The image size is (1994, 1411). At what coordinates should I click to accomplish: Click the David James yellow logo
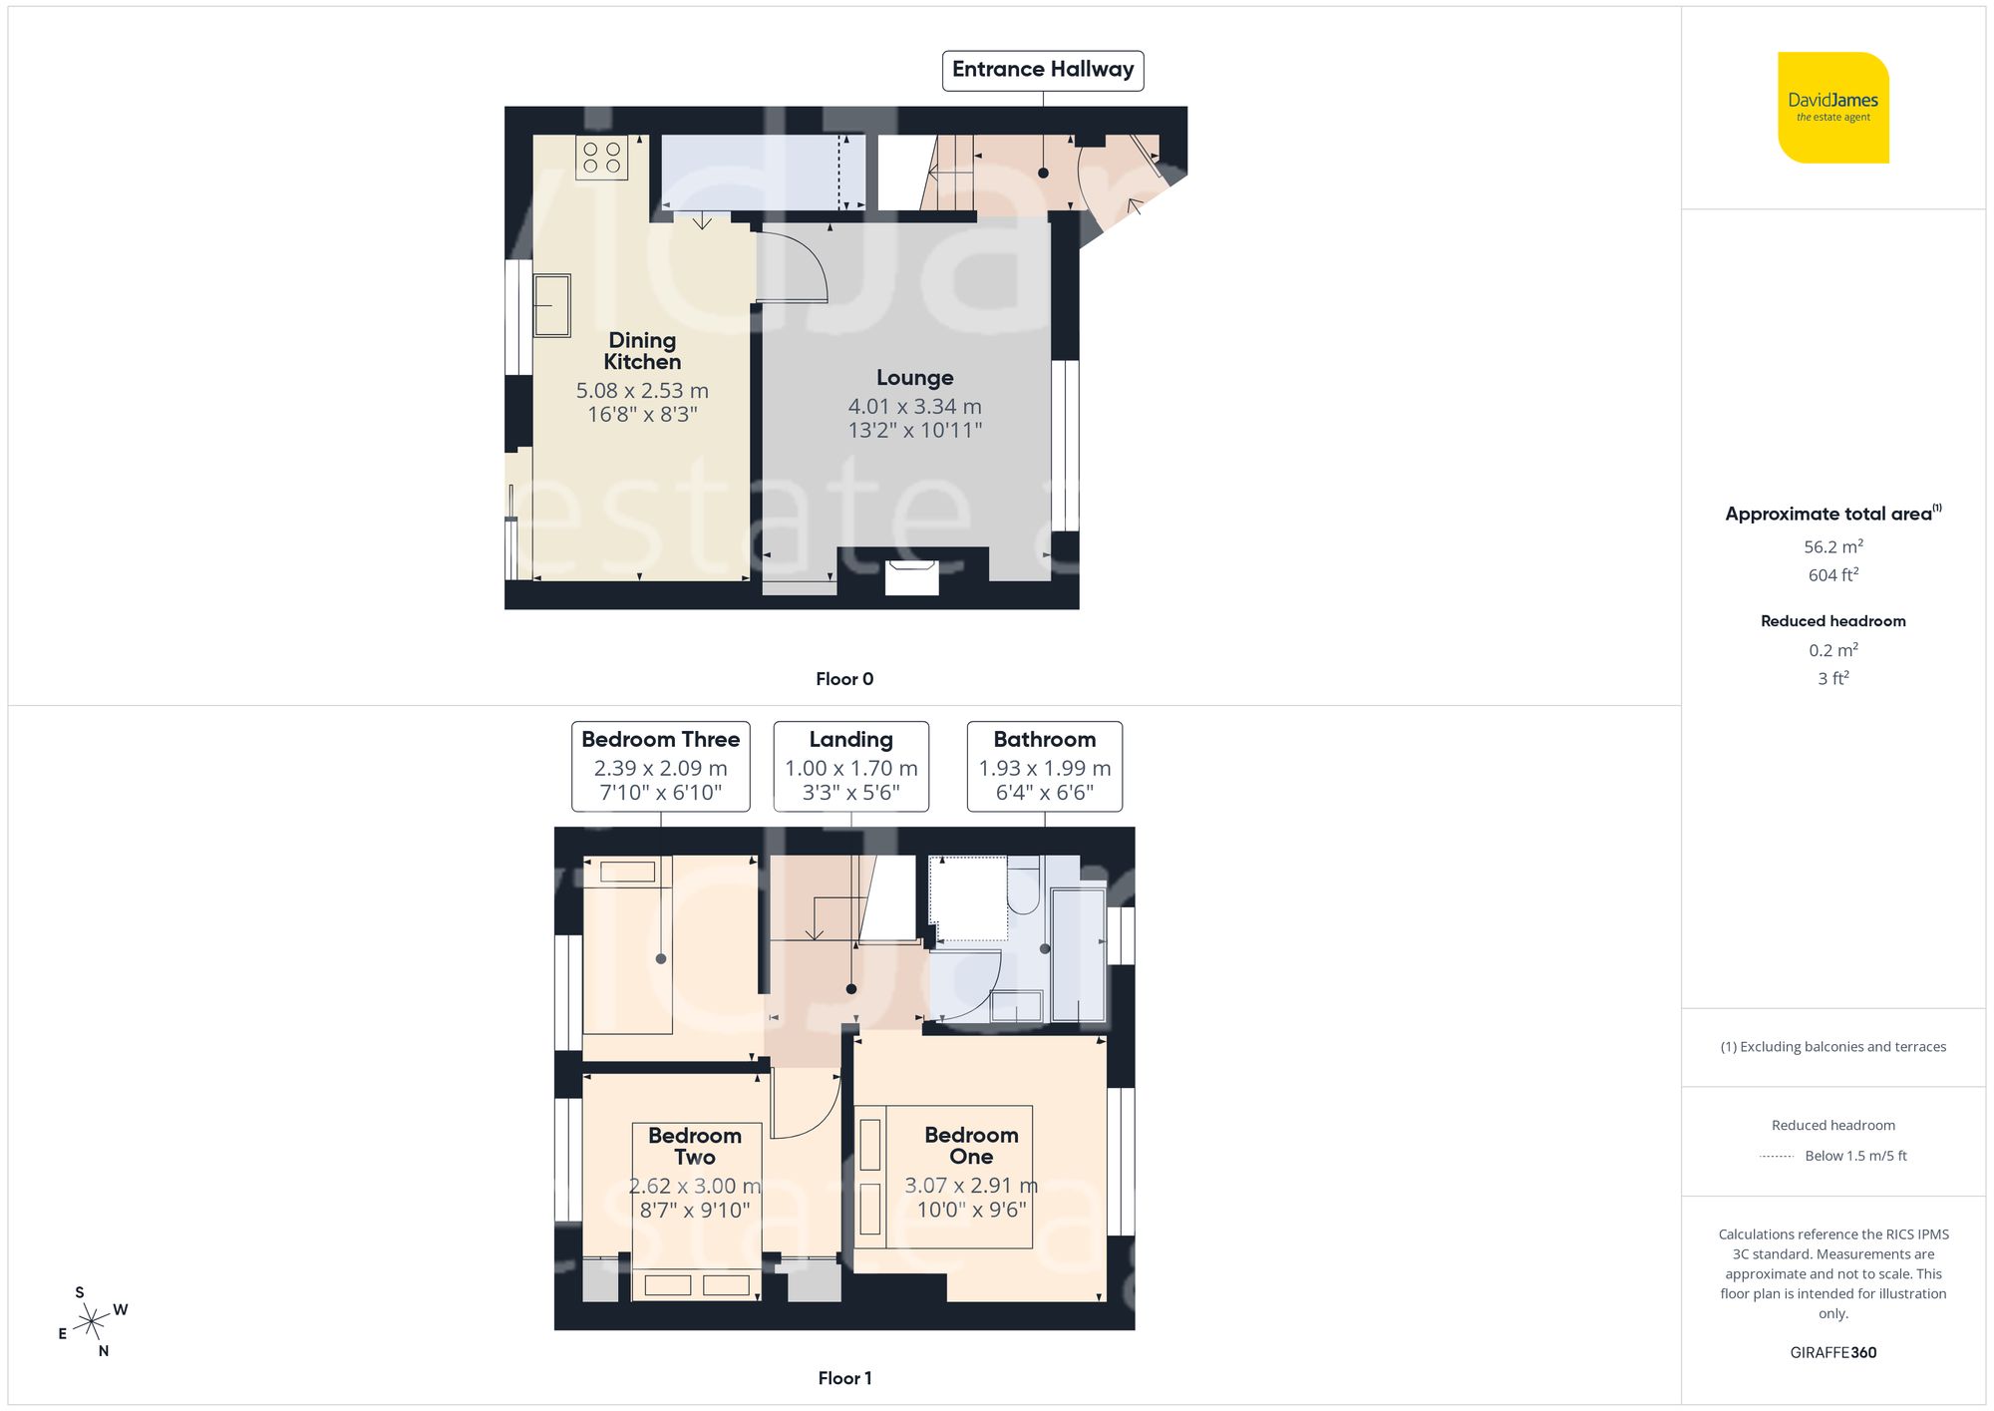1832,108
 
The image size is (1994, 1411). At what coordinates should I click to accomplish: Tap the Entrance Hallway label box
1043,70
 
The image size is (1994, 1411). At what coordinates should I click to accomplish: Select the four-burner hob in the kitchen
601,158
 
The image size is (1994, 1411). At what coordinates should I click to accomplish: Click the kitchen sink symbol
551,305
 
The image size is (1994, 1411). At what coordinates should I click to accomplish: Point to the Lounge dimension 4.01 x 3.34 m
914,407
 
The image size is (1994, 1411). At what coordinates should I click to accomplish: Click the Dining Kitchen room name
642,351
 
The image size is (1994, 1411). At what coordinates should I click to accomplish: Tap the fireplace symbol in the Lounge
912,577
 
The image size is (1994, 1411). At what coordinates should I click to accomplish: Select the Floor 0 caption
843,679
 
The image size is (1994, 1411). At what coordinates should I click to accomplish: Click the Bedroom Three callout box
660,766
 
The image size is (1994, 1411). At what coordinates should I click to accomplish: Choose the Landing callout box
850,766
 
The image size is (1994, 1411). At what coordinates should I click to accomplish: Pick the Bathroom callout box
1044,766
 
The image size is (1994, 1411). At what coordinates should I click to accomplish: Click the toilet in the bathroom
1023,887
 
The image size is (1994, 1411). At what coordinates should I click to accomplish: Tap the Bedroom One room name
971,1146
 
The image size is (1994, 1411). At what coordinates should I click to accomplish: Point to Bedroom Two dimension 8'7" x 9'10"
695,1211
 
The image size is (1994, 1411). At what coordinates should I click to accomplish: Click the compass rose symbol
92,1322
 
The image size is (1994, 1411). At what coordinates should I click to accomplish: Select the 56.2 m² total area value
1832,546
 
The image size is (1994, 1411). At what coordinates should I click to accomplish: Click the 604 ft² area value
1832,575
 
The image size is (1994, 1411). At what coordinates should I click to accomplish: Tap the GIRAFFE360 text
1832,1353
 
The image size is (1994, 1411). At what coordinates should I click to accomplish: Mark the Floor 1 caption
843,1378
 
